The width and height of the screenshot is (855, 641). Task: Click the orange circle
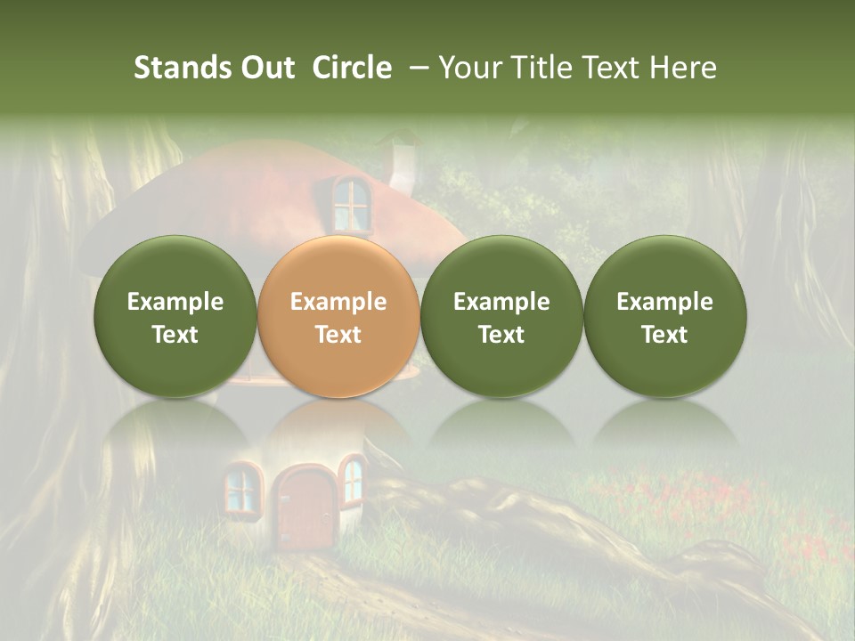click(x=338, y=316)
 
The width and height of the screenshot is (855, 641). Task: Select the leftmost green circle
click(x=175, y=316)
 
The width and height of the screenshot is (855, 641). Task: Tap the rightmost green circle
click(x=664, y=316)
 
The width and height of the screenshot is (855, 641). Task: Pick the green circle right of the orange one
click(x=501, y=316)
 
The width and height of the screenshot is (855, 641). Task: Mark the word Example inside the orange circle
click(x=338, y=302)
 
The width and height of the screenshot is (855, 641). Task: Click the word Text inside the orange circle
click(x=338, y=335)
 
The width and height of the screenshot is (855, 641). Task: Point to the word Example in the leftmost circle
click(x=175, y=302)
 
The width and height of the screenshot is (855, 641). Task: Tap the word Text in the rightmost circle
click(x=664, y=335)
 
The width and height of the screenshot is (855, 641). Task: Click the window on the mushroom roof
click(x=351, y=204)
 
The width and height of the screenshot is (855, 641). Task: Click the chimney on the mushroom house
click(x=403, y=165)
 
